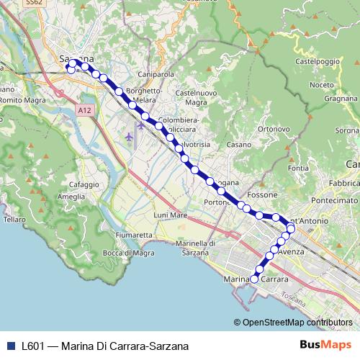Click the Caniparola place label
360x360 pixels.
point(156,74)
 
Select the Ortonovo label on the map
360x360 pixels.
point(273,129)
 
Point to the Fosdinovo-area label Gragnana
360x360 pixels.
point(341,98)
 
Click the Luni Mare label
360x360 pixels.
point(171,215)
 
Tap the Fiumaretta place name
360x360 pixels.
point(135,235)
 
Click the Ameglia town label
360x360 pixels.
point(71,197)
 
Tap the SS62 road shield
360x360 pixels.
point(33,4)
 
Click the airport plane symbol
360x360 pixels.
point(129,135)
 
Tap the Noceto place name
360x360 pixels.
point(321,85)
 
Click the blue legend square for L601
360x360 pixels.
point(9,346)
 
